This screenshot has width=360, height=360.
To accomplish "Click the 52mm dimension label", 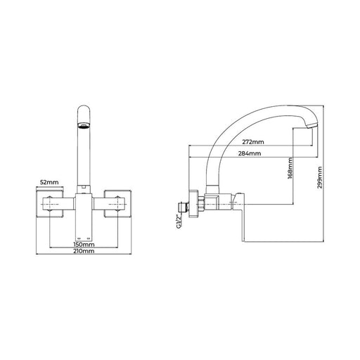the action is point(49,182).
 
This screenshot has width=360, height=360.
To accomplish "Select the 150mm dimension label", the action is point(84,245).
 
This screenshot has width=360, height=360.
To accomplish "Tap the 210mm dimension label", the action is point(84,251).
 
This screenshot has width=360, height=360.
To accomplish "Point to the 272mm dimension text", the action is point(253,142).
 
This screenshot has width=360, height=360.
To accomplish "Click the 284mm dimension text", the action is point(250,153).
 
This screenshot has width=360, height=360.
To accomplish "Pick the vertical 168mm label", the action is point(290,168).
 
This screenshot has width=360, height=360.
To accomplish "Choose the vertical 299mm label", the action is point(320,177).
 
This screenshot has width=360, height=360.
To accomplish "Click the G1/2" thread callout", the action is point(179,221).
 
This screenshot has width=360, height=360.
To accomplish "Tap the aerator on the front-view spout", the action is point(84,125).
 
